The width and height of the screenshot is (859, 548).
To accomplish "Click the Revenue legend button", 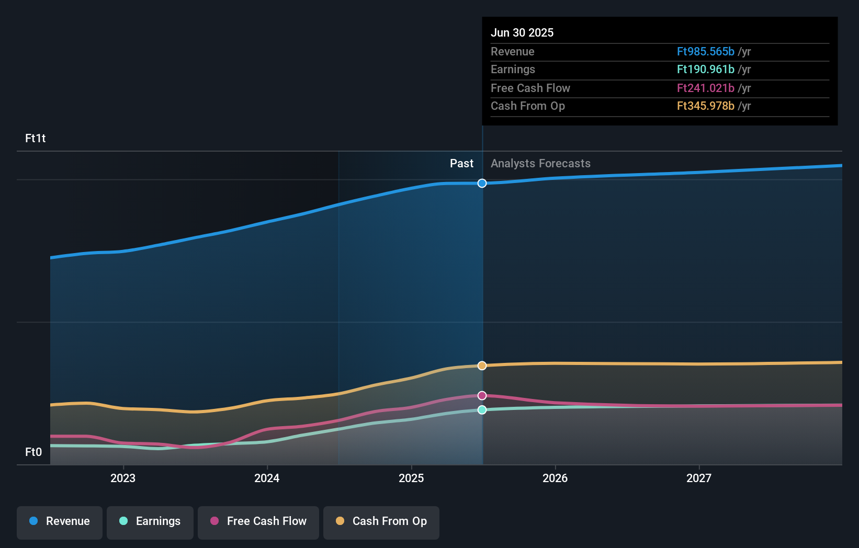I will (x=60, y=522).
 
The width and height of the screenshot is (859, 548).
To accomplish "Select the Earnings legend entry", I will (x=150, y=522).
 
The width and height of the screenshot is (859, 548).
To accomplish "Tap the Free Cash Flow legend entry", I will (x=258, y=522).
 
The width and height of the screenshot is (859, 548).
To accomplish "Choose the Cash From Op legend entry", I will (x=381, y=522).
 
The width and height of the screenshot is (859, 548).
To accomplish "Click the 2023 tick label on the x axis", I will (x=123, y=478).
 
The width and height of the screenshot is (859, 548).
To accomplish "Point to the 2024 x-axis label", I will (x=267, y=478).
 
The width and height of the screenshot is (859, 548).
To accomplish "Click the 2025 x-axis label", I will (x=411, y=478).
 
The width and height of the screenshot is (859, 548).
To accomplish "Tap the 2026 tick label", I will (x=555, y=478).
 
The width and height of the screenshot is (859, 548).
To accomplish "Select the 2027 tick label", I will (x=699, y=478).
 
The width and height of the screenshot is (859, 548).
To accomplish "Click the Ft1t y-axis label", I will (x=36, y=139).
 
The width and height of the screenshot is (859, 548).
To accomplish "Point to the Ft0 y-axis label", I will (x=33, y=452).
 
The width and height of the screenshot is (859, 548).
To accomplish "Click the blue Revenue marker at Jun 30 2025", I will (x=482, y=184).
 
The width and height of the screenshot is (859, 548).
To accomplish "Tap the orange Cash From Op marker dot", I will (x=482, y=366).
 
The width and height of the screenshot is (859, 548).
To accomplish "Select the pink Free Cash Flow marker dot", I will (x=482, y=396).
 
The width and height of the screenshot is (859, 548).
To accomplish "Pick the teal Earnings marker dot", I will (x=482, y=410).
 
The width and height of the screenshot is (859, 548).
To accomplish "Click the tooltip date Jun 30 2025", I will (x=522, y=33).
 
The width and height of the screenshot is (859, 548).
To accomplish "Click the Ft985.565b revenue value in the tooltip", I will (x=705, y=52).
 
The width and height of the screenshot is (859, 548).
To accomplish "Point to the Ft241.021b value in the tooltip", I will (x=705, y=88).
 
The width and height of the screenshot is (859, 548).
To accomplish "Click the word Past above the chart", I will (x=461, y=164).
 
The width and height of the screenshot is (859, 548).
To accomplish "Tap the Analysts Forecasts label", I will (x=540, y=164).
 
